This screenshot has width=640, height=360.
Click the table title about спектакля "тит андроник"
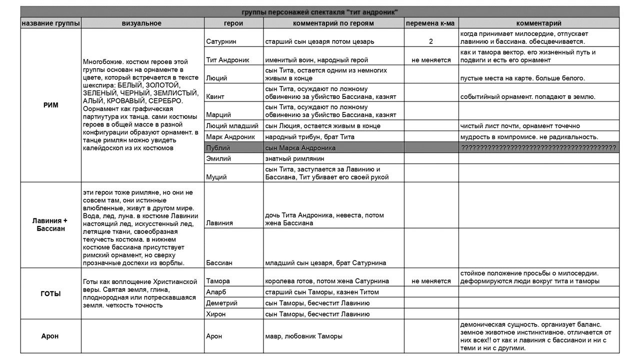tap(319, 12)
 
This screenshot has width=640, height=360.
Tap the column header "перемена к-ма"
tap(430, 23)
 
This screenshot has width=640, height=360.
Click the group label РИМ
tap(51, 105)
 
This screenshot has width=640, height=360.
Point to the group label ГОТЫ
tap(51, 294)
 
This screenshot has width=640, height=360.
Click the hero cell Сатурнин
tap(221, 41)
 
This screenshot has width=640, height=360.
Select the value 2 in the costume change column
tap(430, 41)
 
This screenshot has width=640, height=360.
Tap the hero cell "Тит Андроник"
tap(227, 60)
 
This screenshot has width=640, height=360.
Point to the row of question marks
tap(538, 148)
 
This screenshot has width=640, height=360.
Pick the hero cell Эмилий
tap(218, 158)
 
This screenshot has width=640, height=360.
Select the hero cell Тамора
tap(218, 281)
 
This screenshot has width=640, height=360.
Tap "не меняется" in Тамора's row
tap(430, 281)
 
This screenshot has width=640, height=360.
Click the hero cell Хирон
tap(216, 314)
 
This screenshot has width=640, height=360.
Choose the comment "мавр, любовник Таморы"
tap(303, 336)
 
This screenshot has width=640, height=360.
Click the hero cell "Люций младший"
tap(232, 125)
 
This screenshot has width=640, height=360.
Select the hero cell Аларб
tap(216, 292)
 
